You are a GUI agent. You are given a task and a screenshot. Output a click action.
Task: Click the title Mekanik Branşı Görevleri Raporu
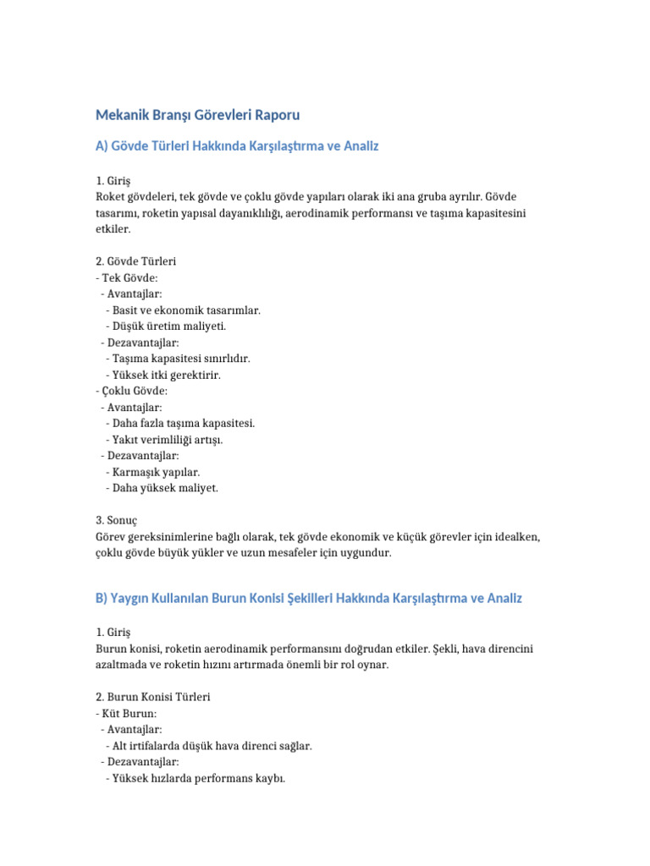coord(197,114)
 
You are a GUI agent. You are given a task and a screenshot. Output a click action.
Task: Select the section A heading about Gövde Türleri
coord(236,146)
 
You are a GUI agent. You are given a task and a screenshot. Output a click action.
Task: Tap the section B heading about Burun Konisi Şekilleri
coord(309,598)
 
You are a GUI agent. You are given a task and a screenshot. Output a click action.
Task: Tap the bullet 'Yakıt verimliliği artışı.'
coord(168,439)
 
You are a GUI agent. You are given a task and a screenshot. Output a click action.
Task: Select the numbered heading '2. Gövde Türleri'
coord(135,261)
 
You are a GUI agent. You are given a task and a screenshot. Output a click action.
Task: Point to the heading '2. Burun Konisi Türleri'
coord(153,697)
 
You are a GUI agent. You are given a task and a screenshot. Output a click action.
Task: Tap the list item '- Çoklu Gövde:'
coord(131,390)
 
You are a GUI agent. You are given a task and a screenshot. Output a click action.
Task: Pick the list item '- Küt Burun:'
coord(126,713)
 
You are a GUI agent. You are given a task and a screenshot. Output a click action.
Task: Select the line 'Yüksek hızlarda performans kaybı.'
coord(198,778)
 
